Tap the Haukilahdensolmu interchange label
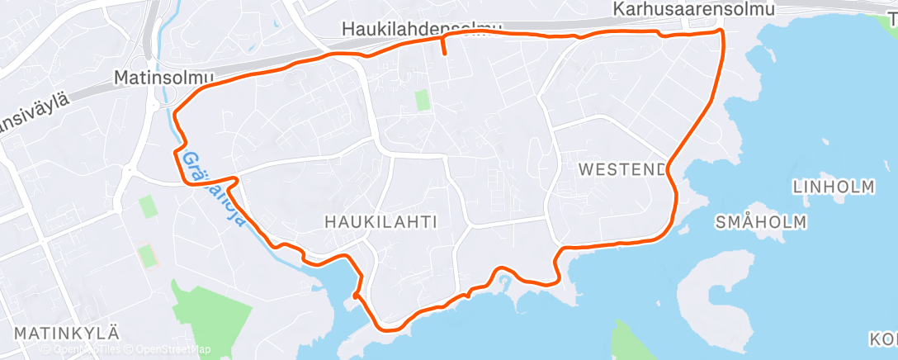[x=422, y=29]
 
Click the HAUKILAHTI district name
[x=380, y=221]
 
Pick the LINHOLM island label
[x=833, y=187]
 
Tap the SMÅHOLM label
[x=761, y=222]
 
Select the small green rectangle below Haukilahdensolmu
[x=423, y=102]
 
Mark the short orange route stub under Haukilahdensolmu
[x=444, y=45]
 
